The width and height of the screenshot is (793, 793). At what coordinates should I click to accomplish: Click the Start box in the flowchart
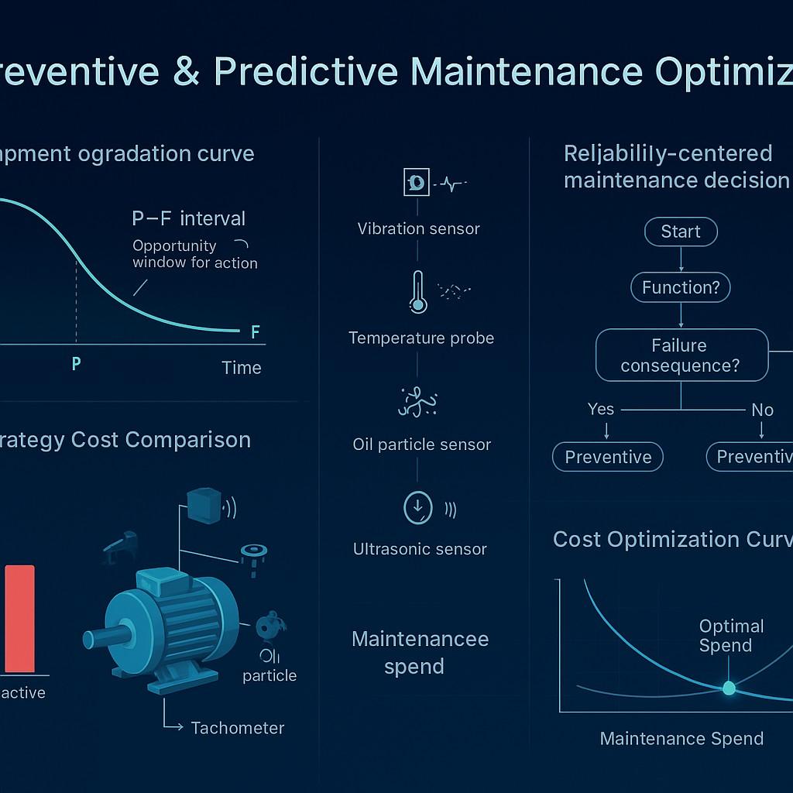click(681, 232)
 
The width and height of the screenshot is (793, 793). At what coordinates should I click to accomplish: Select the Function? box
click(681, 288)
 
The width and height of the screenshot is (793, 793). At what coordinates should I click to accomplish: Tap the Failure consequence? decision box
click(681, 355)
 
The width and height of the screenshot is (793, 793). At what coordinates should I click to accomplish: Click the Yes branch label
click(601, 409)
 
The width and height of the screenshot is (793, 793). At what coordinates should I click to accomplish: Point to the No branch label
click(762, 410)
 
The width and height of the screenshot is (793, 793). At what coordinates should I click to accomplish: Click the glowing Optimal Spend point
click(729, 687)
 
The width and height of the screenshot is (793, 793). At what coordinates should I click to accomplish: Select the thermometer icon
click(418, 292)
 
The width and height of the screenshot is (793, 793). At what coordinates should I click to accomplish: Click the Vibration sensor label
click(418, 229)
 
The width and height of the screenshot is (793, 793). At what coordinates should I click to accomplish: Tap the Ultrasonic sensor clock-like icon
click(418, 508)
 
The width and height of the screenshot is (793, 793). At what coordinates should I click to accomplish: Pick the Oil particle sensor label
click(421, 445)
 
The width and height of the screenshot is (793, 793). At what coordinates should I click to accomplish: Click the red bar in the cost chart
click(19, 619)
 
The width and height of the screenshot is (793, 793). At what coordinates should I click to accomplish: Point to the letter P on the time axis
click(76, 363)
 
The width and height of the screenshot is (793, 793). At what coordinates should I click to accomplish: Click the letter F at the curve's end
click(256, 333)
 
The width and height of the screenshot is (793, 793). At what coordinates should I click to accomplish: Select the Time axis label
click(241, 368)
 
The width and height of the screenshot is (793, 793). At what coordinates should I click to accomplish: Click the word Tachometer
click(237, 728)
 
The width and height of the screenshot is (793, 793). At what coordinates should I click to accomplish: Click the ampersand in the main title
click(186, 71)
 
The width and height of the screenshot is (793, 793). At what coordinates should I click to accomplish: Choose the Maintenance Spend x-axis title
click(681, 739)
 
